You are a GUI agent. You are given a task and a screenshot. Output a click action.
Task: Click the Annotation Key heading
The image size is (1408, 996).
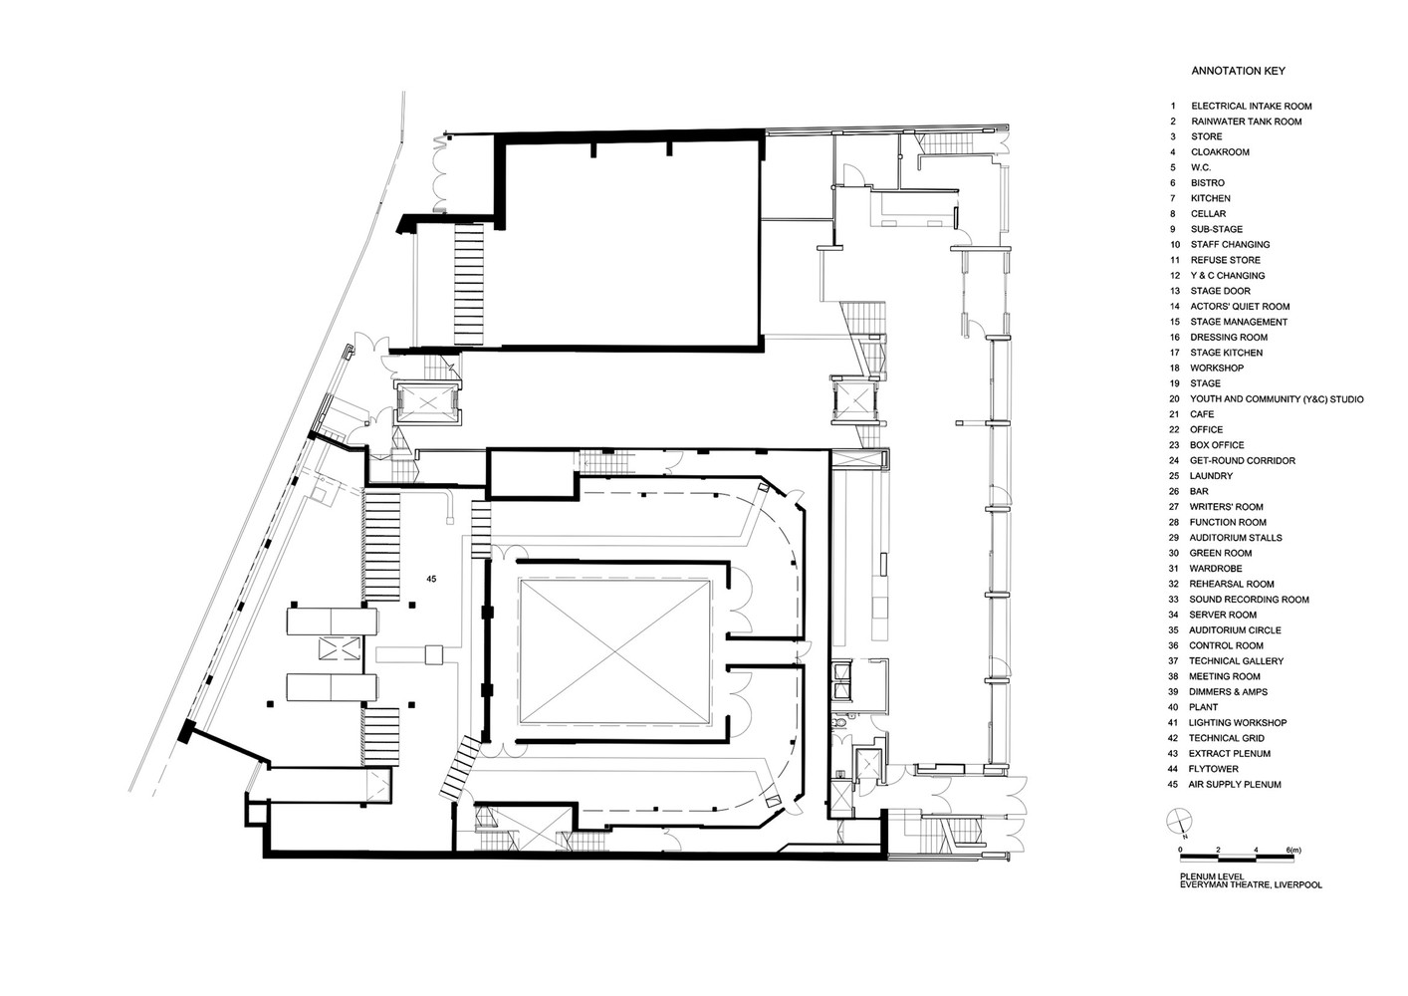tap(1238, 72)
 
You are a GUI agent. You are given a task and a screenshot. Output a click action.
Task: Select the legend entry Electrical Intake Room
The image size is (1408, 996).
tap(1251, 106)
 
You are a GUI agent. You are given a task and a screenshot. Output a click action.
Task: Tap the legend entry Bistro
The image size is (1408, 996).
tap(1208, 183)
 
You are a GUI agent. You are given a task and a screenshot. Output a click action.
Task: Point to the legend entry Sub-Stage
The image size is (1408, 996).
tap(1216, 229)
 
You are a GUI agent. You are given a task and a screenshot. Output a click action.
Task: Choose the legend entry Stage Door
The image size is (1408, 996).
tap(1220, 291)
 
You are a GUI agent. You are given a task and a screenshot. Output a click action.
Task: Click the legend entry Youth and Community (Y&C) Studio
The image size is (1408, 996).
tap(1277, 399)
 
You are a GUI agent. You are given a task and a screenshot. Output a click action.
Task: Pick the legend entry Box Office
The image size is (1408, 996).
tap(1217, 445)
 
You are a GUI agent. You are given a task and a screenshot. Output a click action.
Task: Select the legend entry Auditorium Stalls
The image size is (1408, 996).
tap(1235, 538)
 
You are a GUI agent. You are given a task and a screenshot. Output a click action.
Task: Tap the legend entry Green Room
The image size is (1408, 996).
tap(1220, 553)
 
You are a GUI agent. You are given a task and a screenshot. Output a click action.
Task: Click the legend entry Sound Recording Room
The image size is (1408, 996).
tap(1249, 600)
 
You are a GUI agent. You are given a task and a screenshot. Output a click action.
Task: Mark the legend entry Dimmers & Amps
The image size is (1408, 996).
tap(1228, 692)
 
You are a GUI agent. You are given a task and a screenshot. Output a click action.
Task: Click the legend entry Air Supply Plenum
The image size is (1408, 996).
tap(1235, 785)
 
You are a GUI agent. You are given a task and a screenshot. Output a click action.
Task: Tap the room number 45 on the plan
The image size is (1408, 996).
tap(431, 579)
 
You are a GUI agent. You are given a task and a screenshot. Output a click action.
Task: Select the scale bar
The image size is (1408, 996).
tap(1235, 859)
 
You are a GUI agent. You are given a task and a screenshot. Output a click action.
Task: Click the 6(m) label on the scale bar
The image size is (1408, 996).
tap(1293, 850)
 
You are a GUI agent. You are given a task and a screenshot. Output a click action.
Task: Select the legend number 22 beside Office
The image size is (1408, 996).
tap(1174, 430)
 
